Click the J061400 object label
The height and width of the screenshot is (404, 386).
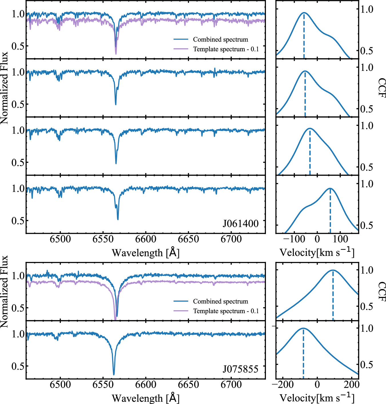tap(240, 223)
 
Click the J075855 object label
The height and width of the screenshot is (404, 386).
tap(240, 369)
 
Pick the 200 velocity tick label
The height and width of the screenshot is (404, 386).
tap(351, 385)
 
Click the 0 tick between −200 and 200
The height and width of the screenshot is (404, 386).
tap(317, 385)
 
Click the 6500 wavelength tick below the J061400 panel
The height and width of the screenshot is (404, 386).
tap(60, 239)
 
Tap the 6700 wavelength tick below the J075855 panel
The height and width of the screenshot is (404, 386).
tap(231, 385)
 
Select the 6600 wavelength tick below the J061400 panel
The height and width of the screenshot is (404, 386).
tap(146, 239)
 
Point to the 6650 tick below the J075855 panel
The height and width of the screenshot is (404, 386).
tap(188, 385)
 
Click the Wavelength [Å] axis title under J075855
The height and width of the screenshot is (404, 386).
tap(146, 398)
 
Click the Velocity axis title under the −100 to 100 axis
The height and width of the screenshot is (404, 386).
tap(317, 252)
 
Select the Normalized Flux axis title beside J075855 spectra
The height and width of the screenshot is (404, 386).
tap(5, 292)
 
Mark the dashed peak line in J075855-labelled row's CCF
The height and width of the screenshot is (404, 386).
tap(303, 355)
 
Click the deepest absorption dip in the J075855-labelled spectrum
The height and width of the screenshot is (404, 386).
tap(114, 374)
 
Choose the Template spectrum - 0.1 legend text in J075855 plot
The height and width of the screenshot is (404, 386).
tap(226, 311)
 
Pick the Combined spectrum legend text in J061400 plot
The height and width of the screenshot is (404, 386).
tap(220, 40)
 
